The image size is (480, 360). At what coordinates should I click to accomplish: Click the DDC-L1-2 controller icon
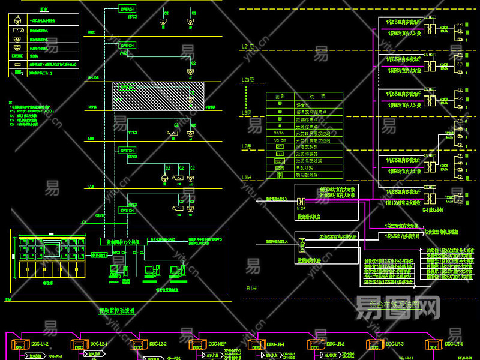[19, 346]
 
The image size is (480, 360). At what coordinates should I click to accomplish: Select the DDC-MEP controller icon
[197, 346]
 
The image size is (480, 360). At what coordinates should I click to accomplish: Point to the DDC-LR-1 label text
[275, 344]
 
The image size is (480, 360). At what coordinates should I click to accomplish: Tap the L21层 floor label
[248, 46]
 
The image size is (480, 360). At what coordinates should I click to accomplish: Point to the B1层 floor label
[251, 288]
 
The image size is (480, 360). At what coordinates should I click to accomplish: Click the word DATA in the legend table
[278, 133]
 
